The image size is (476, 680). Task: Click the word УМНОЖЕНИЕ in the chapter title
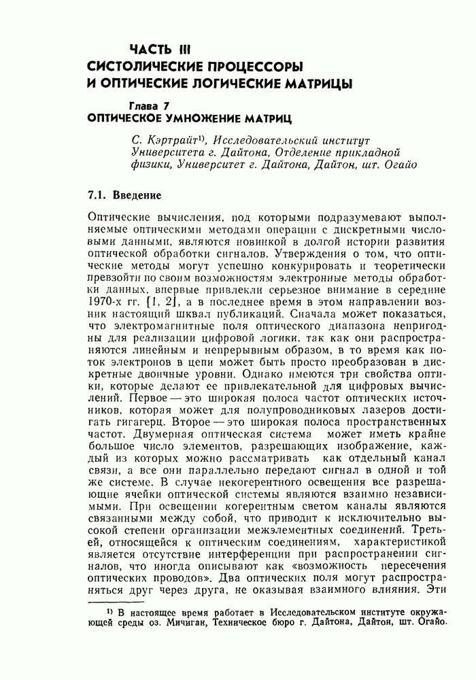pyautogui.click(x=206, y=118)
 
